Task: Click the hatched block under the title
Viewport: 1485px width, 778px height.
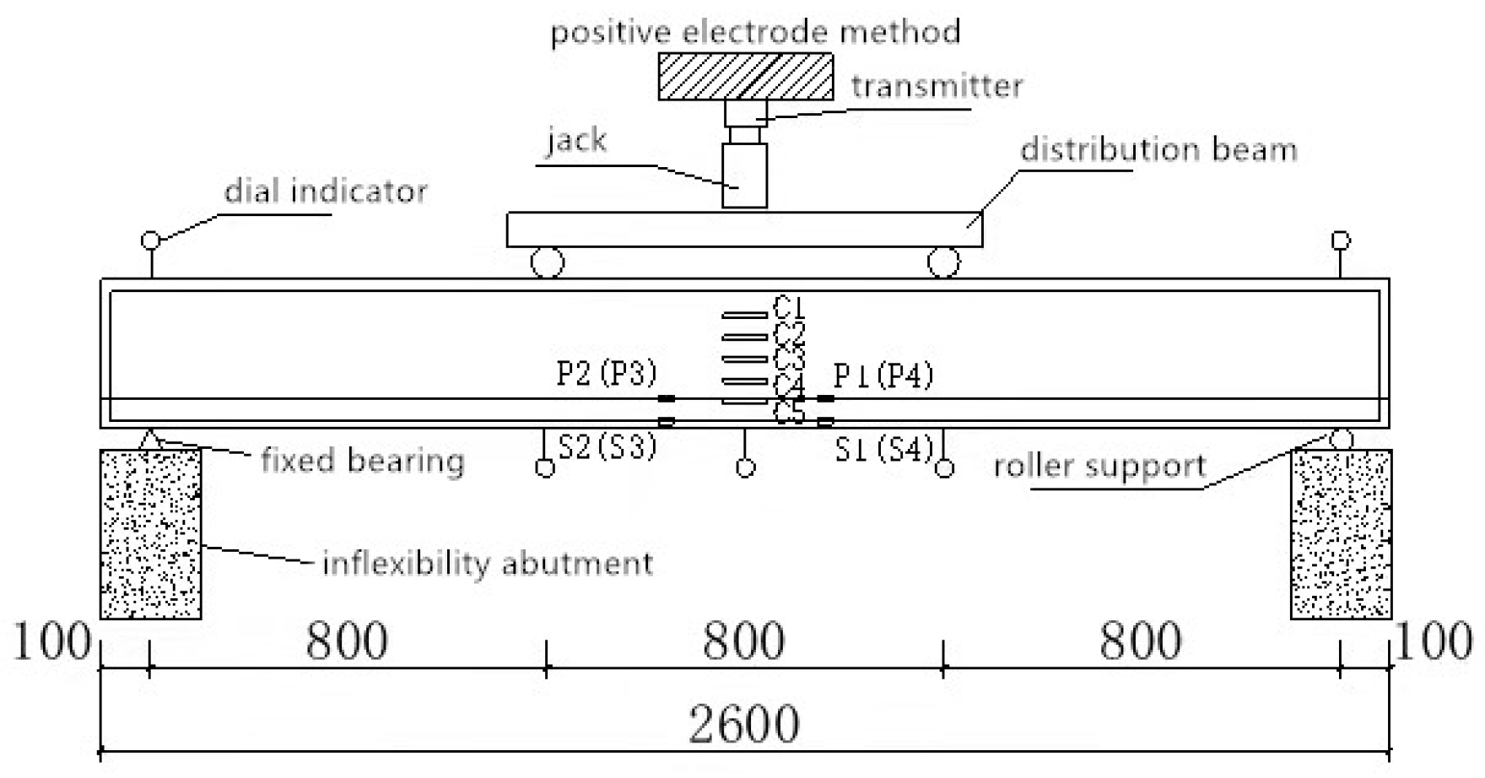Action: click(x=745, y=77)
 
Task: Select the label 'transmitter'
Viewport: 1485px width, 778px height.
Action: click(x=937, y=86)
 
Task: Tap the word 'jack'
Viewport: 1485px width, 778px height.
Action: click(x=576, y=139)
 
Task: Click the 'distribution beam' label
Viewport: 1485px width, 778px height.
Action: click(x=1158, y=150)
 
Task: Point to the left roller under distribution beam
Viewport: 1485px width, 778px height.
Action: click(x=547, y=262)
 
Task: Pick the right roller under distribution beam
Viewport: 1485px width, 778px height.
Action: click(x=943, y=262)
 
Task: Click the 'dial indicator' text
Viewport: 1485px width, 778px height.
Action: click(x=326, y=192)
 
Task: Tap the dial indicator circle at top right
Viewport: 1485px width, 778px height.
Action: click(x=1340, y=240)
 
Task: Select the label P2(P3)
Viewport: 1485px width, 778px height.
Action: click(x=606, y=373)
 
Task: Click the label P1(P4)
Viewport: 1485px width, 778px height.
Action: click(x=883, y=375)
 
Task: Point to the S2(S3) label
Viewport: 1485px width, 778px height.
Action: click(x=607, y=446)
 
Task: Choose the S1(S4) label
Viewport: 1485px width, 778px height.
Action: click(x=883, y=450)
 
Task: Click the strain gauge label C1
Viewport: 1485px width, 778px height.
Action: click(x=789, y=307)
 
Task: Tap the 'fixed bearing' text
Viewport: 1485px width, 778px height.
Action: click(x=362, y=461)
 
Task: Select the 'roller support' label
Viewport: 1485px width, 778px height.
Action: click(x=1099, y=466)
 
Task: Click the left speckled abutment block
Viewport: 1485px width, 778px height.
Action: click(x=150, y=534)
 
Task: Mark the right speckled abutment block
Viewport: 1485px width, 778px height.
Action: click(x=1341, y=534)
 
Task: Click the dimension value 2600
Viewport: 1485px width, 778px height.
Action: click(x=743, y=724)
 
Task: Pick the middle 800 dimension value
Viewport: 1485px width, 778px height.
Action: click(x=743, y=641)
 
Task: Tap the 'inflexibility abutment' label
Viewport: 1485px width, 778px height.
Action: click(x=487, y=563)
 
